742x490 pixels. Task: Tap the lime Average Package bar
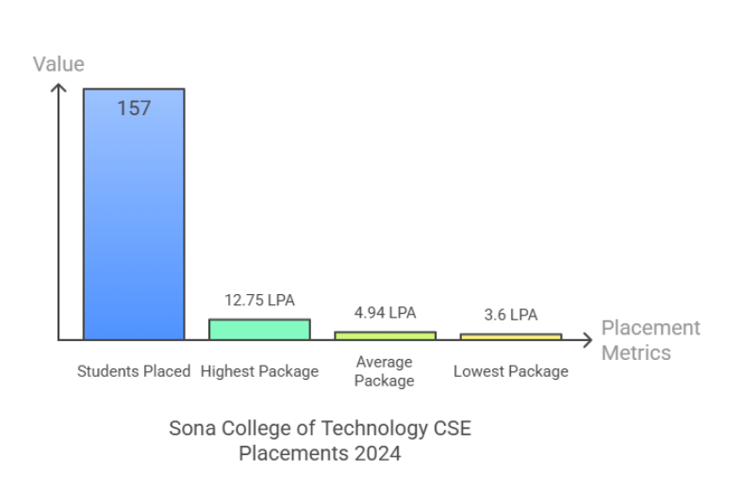385,335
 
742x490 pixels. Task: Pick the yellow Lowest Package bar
510,335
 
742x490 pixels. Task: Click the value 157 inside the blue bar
134,108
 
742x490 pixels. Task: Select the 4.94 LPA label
385,313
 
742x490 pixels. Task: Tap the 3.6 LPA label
510,315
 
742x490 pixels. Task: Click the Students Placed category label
134,371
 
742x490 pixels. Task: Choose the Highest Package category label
259,371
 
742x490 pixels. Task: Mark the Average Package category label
385,371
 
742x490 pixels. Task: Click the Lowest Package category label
510,371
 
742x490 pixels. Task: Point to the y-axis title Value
58,64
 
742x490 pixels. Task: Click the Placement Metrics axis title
651,340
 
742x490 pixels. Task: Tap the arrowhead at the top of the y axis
59,88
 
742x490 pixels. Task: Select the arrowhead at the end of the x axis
588,339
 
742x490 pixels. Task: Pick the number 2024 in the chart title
376,453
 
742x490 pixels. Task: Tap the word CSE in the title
452,428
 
